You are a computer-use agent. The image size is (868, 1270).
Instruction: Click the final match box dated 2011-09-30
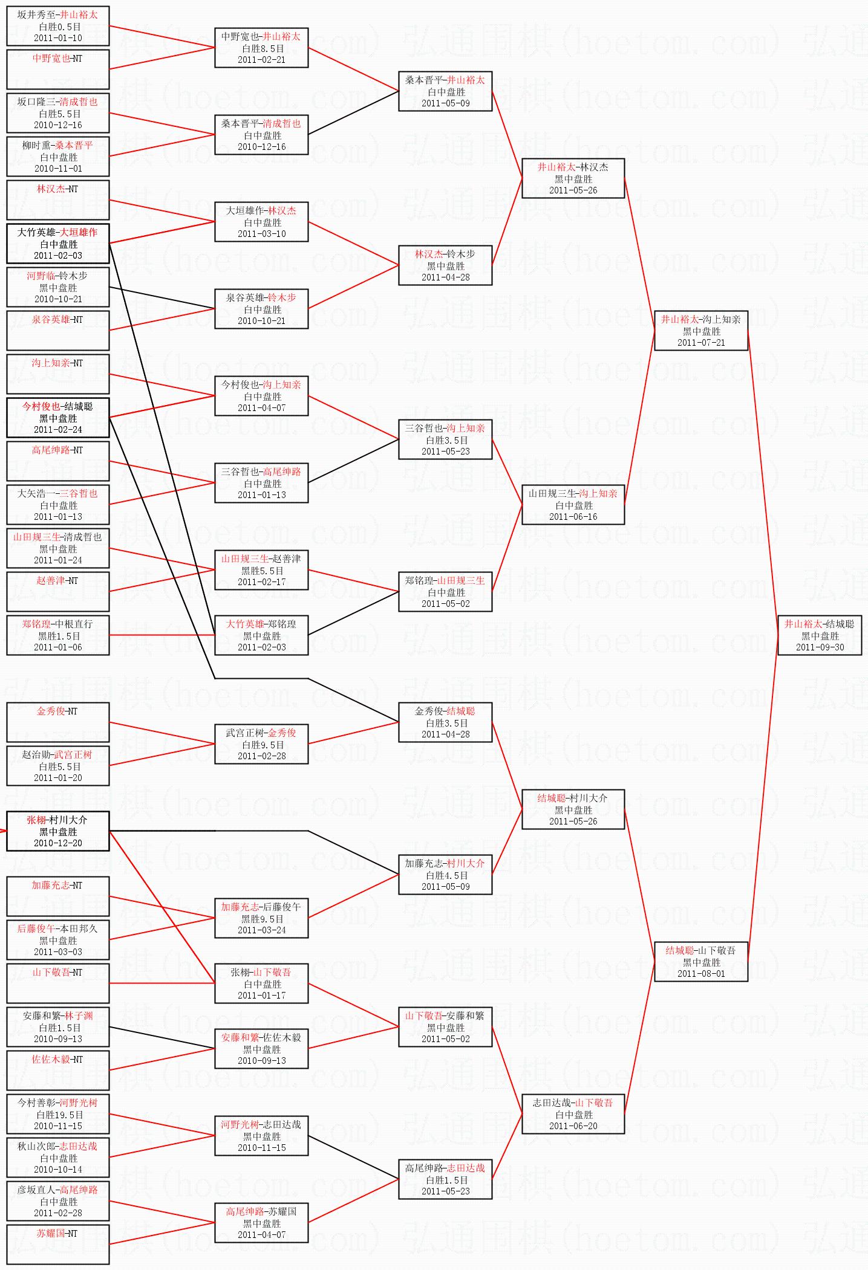(819, 635)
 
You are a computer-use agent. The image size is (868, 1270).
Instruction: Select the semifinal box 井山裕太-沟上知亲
(700, 330)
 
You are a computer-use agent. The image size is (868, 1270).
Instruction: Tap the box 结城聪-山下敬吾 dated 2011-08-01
(700, 961)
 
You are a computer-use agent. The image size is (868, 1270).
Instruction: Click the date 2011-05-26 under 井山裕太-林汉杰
(573, 190)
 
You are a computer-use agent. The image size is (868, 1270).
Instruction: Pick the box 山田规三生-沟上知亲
(573, 504)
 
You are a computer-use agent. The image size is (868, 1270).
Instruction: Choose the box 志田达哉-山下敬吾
(573, 1113)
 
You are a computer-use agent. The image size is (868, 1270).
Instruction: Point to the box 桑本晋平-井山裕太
(445, 91)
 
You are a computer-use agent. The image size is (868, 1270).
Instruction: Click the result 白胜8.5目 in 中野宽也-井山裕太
(263, 48)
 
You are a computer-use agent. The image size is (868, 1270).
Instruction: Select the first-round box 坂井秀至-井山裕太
(58, 26)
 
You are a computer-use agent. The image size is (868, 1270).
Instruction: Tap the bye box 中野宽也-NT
(58, 69)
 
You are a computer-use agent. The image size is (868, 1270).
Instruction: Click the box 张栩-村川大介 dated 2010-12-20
(58, 831)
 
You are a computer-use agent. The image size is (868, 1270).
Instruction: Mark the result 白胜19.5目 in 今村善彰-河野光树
(59, 1114)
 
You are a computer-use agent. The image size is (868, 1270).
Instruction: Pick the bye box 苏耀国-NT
(58, 1244)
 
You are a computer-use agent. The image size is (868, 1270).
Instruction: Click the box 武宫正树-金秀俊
(261, 744)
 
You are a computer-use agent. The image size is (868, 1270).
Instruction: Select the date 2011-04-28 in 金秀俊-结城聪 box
(445, 734)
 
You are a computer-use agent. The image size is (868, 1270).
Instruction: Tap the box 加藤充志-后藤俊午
(261, 918)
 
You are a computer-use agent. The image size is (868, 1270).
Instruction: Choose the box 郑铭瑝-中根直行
(58, 635)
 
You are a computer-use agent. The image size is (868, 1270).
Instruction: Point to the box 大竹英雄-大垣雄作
(58, 243)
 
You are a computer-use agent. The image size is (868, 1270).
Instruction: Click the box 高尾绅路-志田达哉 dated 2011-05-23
(445, 1179)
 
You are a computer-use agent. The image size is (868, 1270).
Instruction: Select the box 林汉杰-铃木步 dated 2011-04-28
(445, 265)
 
